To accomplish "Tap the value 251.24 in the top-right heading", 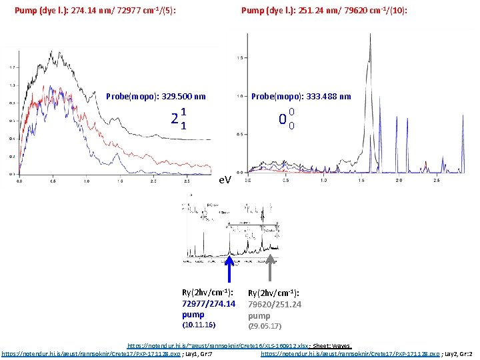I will [x=305, y=11].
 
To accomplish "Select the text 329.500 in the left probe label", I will [x=171, y=97].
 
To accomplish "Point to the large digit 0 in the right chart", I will [x=283, y=121].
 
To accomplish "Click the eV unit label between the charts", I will [x=225, y=181].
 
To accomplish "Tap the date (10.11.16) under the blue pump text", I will [x=199, y=325].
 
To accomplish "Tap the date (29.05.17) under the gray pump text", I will [x=265, y=326].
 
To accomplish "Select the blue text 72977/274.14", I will [x=208, y=303].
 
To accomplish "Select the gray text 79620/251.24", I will [x=275, y=304].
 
